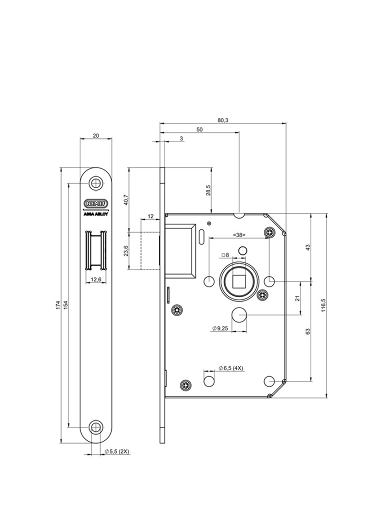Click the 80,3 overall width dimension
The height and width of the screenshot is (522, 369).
[x=223, y=120]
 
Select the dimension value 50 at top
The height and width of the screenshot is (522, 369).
[x=199, y=129]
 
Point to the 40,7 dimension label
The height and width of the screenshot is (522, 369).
[x=125, y=199]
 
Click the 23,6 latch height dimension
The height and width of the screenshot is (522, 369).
[x=125, y=251]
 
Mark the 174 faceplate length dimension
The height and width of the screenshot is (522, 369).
[x=58, y=304]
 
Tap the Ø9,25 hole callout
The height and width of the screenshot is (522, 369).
[x=220, y=328]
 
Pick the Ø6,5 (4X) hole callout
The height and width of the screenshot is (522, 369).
[x=230, y=368]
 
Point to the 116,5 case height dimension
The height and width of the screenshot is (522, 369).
[x=323, y=304]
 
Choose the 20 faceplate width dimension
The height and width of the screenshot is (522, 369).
[x=95, y=135]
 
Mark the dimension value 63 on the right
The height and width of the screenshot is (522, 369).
[x=308, y=331]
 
